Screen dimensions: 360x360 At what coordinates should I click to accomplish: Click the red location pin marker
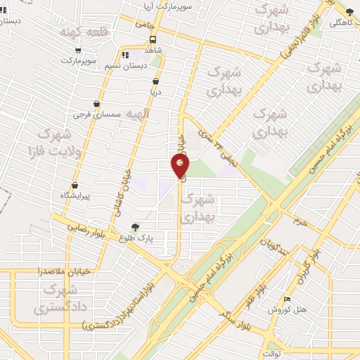point(181,166)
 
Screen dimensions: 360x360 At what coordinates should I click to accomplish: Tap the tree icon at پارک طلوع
point(135,226)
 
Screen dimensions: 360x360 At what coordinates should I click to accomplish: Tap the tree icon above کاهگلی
point(349,11)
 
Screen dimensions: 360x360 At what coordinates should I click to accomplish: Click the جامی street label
point(145,23)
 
